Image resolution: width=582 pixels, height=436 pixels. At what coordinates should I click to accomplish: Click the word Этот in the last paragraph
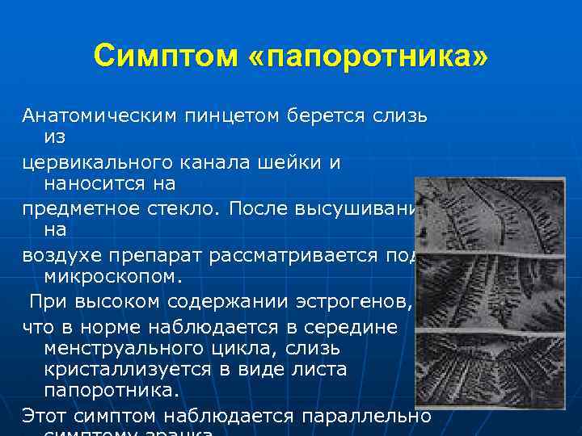click(45, 417)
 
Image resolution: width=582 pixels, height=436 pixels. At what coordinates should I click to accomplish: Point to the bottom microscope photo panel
click(490, 367)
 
